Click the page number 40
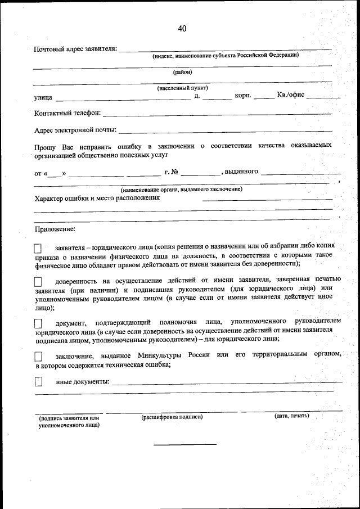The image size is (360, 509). tap(182, 29)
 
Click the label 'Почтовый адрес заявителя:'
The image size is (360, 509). tap(75, 49)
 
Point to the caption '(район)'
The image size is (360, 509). tap(182, 71)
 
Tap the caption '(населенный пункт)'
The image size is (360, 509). tap(182, 88)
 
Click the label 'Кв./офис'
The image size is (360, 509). tap(290, 94)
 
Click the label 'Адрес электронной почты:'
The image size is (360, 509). tap(75, 130)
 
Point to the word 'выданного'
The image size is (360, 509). tap(241, 171)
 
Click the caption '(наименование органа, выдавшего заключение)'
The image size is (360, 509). tap(181, 190)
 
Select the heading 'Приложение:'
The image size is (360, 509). tap(55, 229)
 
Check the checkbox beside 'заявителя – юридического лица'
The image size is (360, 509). tap(38, 248)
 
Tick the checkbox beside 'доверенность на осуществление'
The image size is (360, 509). tap(38, 281)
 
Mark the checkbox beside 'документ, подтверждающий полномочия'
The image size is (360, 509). tap(38, 323)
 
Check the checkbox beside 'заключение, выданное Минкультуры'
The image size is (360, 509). tap(38, 356)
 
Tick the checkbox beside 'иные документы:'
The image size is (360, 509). tap(38, 382)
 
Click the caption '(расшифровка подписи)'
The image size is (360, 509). tap(172, 417)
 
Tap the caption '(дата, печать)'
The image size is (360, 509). tap(291, 416)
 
